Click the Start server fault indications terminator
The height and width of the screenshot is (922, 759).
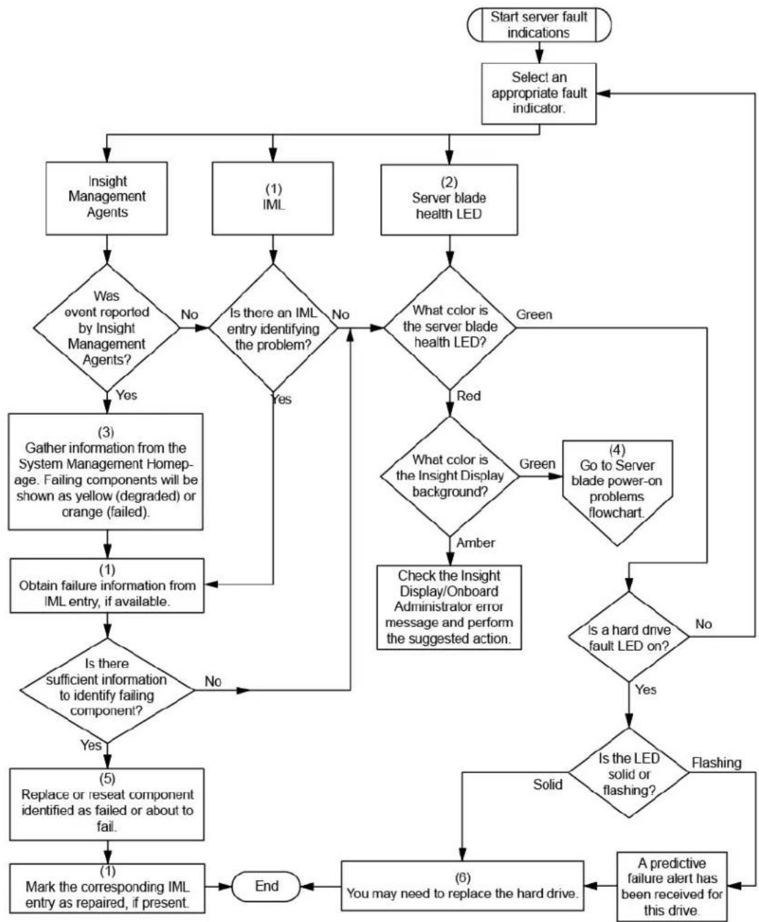539,25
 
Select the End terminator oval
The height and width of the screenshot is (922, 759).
266,886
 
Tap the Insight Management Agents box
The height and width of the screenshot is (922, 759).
107,198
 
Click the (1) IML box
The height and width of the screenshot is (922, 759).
272,198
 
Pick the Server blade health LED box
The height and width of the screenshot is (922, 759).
449,200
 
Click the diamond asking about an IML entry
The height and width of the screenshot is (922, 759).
273,328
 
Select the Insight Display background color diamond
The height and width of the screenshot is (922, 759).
450,476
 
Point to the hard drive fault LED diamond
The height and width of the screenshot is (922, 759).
629,636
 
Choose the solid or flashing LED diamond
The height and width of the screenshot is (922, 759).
629,773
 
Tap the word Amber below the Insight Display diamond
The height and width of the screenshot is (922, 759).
475,542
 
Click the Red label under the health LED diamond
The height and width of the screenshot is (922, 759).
469,396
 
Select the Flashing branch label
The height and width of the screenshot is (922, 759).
716,762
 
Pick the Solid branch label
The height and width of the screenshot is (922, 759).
548,784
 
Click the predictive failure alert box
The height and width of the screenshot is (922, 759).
672,886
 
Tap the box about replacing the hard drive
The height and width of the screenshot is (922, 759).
462,886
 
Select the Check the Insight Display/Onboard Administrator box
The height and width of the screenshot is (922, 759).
449,608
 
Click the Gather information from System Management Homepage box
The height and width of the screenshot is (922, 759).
106,472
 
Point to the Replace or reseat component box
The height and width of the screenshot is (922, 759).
107,804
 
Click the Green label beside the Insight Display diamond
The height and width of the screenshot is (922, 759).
537,463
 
